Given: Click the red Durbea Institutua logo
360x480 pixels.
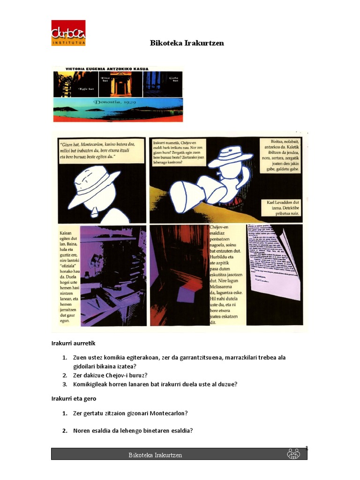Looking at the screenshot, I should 68,33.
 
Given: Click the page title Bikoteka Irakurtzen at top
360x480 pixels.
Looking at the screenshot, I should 187,43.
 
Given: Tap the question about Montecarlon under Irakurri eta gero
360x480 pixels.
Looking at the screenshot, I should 130,413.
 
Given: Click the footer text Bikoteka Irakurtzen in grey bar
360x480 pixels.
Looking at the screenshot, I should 155,455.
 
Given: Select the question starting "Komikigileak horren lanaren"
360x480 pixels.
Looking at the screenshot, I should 155,384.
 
